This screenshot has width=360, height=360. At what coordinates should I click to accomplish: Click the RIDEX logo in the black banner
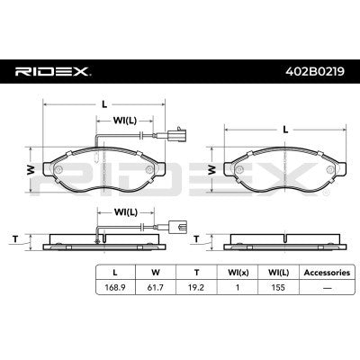pos(53,72)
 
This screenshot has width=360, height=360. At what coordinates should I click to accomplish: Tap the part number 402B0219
pos(315,71)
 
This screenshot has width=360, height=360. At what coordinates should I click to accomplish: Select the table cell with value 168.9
pos(115,287)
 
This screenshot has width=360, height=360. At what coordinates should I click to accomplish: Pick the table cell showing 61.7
pos(156,287)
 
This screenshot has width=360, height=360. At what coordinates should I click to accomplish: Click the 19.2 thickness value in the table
pos(196,287)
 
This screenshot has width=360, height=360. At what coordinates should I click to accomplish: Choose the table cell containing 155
pos(278,287)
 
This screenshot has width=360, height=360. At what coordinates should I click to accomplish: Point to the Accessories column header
pos(327,273)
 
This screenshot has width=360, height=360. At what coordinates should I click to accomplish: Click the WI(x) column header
pos(238,273)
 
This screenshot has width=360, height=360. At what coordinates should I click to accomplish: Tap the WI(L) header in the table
pos(279,273)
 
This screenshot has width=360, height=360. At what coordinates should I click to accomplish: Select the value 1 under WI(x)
pos(238,287)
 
